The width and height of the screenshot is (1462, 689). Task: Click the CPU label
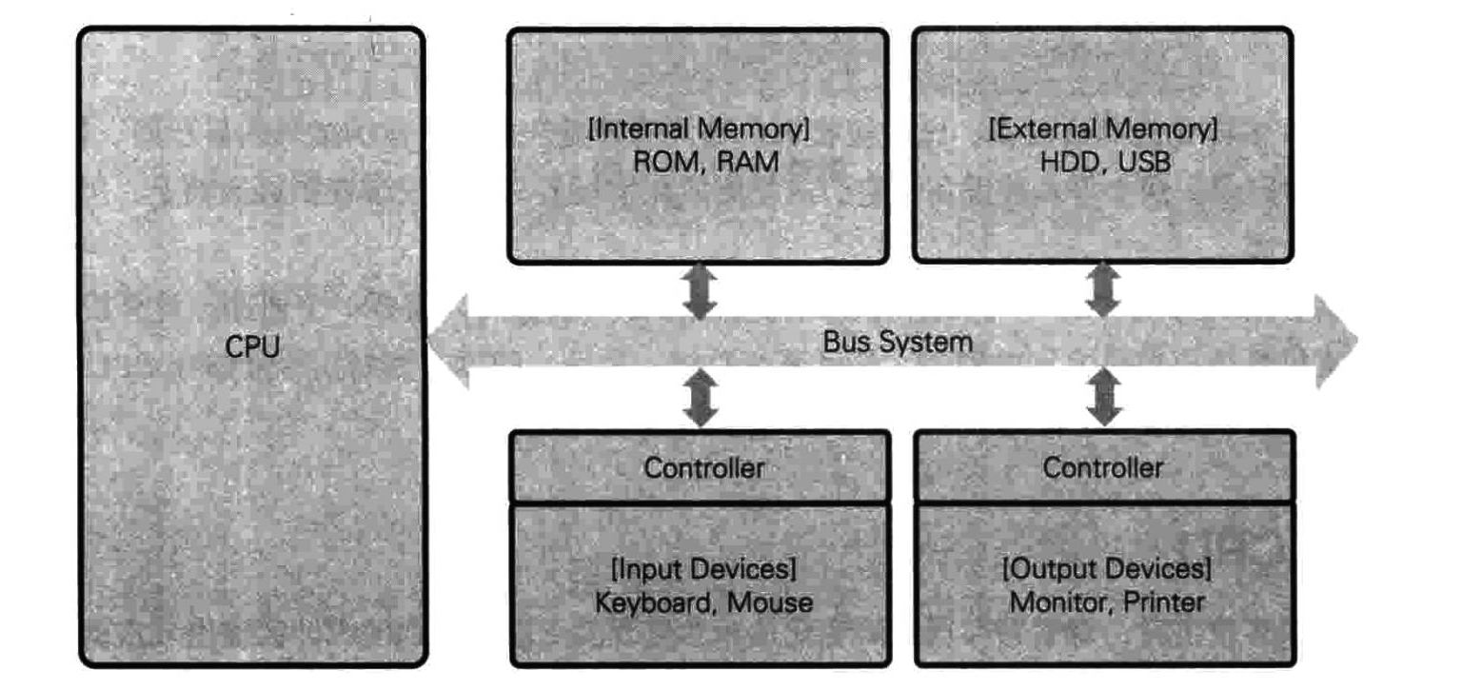252,347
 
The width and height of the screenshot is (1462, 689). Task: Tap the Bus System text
898,342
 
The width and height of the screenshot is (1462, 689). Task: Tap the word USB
1144,162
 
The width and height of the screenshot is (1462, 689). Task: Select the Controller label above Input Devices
703,467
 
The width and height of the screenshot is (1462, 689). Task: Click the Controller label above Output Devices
1103,467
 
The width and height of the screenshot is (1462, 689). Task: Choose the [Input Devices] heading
703,570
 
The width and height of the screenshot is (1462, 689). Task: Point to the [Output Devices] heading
1106,570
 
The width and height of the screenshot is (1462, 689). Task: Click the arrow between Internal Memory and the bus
701,291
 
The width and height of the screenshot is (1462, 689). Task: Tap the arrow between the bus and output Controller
1104,398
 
